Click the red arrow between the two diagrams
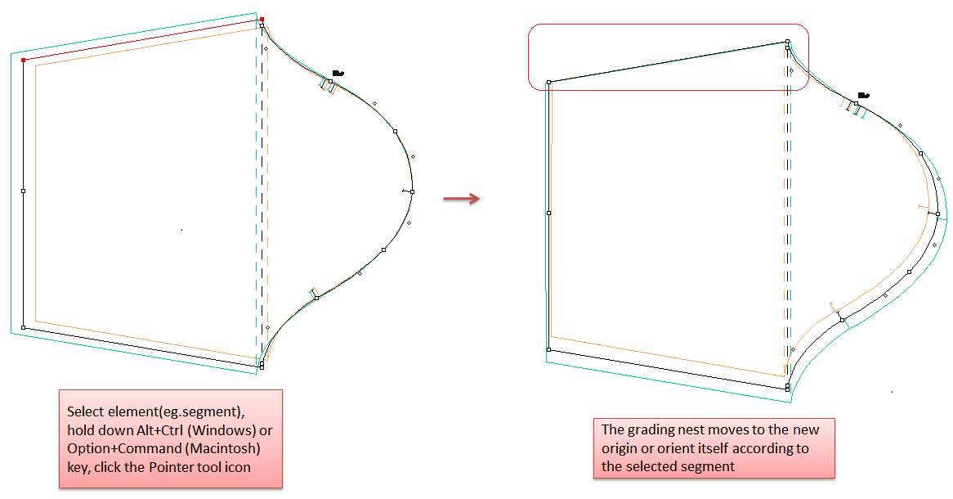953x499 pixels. point(461,199)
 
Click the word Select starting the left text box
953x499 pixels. point(86,412)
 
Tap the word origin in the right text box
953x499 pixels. point(620,448)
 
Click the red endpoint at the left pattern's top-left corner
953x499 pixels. point(23,61)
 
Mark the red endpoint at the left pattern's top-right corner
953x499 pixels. point(262,20)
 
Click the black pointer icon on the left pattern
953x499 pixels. point(338,74)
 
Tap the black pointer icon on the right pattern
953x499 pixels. point(863,96)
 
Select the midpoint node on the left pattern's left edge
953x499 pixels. point(23,191)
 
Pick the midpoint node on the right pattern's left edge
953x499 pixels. point(548,213)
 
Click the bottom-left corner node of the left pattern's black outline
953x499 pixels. point(23,328)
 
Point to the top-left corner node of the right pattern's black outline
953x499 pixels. point(548,82)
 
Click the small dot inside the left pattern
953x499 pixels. point(181,230)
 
